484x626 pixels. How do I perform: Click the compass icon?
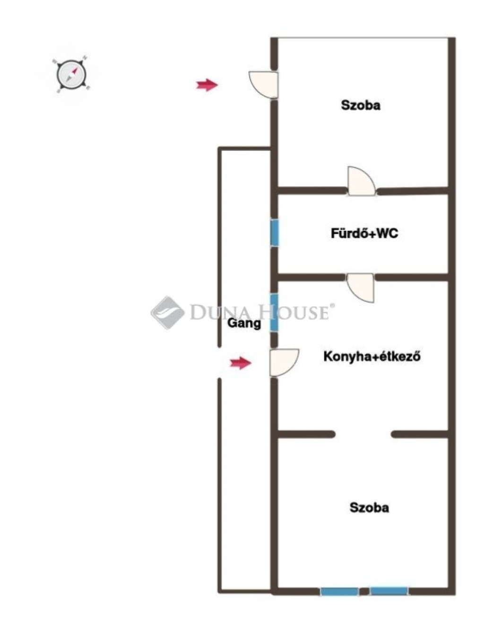(x=71, y=74)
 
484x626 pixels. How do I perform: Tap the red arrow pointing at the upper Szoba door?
(x=207, y=85)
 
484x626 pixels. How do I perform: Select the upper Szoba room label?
(x=361, y=105)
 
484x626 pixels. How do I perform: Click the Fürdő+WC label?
(x=364, y=233)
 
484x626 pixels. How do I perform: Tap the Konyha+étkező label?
(x=372, y=356)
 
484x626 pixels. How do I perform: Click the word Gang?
(x=244, y=323)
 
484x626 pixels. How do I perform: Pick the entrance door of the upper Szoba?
(x=263, y=85)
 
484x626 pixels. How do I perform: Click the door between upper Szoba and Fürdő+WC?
(x=362, y=181)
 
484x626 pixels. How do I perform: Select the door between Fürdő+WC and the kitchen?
(x=361, y=287)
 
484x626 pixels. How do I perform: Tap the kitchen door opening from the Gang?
(x=284, y=362)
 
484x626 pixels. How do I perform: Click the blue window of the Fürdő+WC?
(x=275, y=233)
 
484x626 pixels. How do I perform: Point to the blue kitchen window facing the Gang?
(x=274, y=313)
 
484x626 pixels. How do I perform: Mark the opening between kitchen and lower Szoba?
(x=363, y=434)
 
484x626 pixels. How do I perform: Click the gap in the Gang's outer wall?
(x=219, y=362)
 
